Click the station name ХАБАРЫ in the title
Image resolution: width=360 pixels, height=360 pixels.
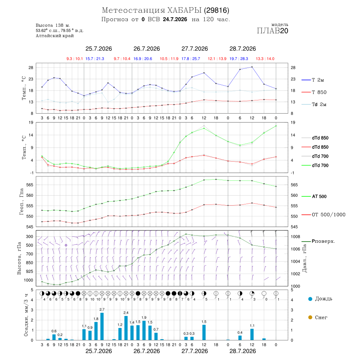pos(184,10)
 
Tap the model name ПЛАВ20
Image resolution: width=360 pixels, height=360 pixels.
pos(272,31)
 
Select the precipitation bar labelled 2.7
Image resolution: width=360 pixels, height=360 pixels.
pos(102,326)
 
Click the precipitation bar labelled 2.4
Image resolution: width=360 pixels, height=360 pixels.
pos(126,328)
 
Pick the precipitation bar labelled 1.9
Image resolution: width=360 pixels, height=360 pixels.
pos(144,330)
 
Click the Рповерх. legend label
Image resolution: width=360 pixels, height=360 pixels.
pos(323,241)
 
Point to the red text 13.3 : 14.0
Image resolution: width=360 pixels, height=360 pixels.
pos(265,59)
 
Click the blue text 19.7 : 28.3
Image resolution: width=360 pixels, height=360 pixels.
pos(239,59)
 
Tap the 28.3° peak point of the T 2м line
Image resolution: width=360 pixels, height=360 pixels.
pos(252,67)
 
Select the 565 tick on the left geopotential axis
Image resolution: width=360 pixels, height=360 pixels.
pos(30,185)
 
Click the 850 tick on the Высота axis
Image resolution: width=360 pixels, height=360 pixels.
pos(29,263)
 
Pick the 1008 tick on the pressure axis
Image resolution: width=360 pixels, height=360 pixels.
pos(295,237)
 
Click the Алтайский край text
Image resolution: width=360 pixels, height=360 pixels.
pos(55,36)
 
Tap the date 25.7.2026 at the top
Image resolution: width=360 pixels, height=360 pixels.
pos(99,49)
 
